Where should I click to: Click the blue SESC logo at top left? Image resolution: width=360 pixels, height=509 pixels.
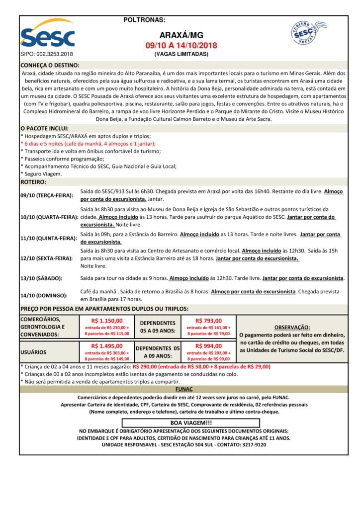point(48,34)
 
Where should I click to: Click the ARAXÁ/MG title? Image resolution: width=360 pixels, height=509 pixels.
point(181,36)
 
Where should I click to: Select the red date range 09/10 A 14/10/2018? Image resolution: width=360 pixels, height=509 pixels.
point(181,46)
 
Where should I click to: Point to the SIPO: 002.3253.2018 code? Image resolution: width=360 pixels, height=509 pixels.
point(47,54)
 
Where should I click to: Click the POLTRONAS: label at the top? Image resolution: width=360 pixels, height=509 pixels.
point(144,20)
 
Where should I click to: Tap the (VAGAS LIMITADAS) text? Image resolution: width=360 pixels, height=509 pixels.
point(181,54)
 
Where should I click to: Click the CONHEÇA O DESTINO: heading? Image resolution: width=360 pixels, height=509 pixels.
point(50,65)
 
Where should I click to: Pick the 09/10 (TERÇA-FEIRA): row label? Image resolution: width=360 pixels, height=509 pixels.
point(47,195)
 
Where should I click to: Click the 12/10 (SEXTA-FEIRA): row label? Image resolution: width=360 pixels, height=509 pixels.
point(47,259)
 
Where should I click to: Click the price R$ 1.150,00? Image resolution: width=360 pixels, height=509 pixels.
point(107,321)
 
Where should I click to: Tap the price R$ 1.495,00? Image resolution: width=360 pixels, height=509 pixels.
point(107,346)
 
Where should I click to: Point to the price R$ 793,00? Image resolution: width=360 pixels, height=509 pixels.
point(208,321)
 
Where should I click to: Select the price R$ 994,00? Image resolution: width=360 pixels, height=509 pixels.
point(208,346)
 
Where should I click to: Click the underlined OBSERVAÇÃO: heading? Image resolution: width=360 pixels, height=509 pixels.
point(292,327)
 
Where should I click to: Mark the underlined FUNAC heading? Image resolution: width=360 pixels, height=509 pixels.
point(183,389)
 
